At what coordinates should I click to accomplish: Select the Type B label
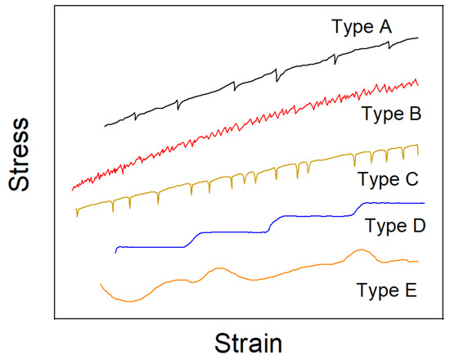tap(389, 115)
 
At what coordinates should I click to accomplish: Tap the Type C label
tap(388, 178)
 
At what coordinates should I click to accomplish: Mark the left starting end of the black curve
tap(106, 126)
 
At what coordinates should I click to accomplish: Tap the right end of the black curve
tap(419, 38)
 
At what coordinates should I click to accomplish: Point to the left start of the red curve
tap(72, 189)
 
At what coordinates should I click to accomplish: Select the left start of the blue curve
tap(116, 251)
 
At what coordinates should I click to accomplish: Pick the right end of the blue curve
tap(424, 202)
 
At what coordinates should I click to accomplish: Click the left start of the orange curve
tap(100, 284)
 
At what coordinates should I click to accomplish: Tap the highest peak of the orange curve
tap(359, 250)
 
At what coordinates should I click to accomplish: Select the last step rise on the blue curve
tap(358, 208)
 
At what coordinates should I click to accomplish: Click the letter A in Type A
tap(385, 27)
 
